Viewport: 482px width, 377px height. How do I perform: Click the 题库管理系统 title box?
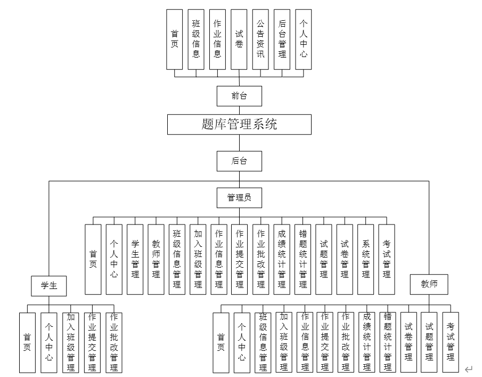(x=239, y=124)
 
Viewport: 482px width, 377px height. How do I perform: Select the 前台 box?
(x=239, y=96)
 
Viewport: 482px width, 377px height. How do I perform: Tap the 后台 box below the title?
(x=239, y=161)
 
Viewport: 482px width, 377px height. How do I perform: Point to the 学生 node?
(x=49, y=285)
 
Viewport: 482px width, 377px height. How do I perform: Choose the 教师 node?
(x=429, y=284)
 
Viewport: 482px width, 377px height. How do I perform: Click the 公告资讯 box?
(x=260, y=39)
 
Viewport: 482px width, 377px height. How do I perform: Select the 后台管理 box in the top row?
(x=282, y=39)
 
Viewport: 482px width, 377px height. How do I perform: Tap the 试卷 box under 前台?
(x=239, y=39)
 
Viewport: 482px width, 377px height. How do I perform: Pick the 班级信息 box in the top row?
(x=196, y=39)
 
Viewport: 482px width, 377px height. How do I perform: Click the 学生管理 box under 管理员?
(x=135, y=259)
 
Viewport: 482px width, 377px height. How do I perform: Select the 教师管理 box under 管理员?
(x=156, y=259)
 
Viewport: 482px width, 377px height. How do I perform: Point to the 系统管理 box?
(x=366, y=259)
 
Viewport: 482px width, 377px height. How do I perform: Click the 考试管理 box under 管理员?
(x=387, y=259)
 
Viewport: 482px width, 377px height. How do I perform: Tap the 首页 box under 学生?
(x=27, y=342)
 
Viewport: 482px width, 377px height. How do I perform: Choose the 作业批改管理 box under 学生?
(x=114, y=342)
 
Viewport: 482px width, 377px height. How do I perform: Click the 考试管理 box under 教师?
(x=451, y=342)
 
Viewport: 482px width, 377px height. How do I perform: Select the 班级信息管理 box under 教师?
(x=263, y=342)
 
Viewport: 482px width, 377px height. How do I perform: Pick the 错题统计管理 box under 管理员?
(x=303, y=259)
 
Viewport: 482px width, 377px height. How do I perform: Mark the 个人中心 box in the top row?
(x=304, y=39)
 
